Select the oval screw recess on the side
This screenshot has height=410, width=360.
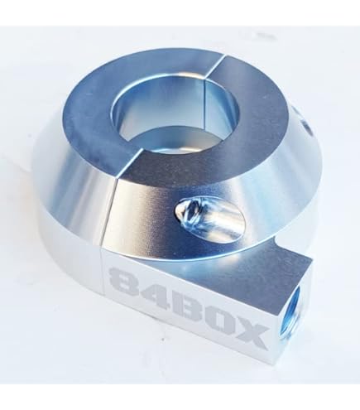tap(209, 219)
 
